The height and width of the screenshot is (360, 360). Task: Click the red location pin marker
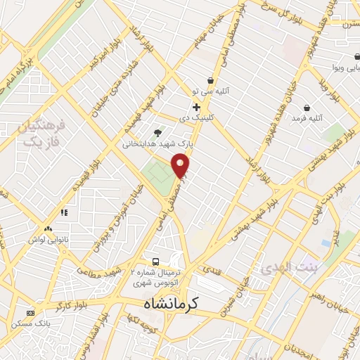pos(181,165)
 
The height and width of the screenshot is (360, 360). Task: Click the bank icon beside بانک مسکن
pos(30,312)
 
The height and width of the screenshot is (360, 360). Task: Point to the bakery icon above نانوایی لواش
pos(49,229)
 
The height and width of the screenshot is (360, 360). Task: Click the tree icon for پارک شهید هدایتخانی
pos(157,132)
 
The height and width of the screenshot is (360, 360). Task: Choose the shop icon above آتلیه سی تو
pos(210,81)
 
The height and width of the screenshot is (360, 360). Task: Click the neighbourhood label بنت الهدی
pos(284,269)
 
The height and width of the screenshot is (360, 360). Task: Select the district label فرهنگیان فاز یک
pos(39,134)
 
